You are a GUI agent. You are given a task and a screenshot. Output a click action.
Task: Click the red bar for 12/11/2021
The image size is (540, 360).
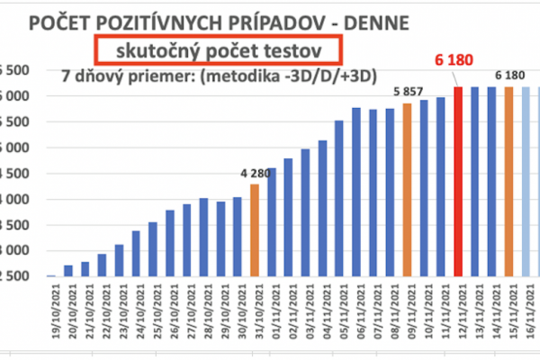[457, 180]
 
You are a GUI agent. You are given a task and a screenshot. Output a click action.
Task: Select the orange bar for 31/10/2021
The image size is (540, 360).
[254, 229]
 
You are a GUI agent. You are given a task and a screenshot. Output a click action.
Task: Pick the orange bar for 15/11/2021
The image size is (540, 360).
[508, 180]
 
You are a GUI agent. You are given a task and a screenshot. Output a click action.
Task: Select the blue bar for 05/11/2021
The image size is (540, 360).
[338, 198]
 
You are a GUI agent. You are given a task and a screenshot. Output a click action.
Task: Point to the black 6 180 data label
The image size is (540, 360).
[509, 75]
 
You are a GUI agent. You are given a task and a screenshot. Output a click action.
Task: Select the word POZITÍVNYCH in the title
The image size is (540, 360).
[175, 21]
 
